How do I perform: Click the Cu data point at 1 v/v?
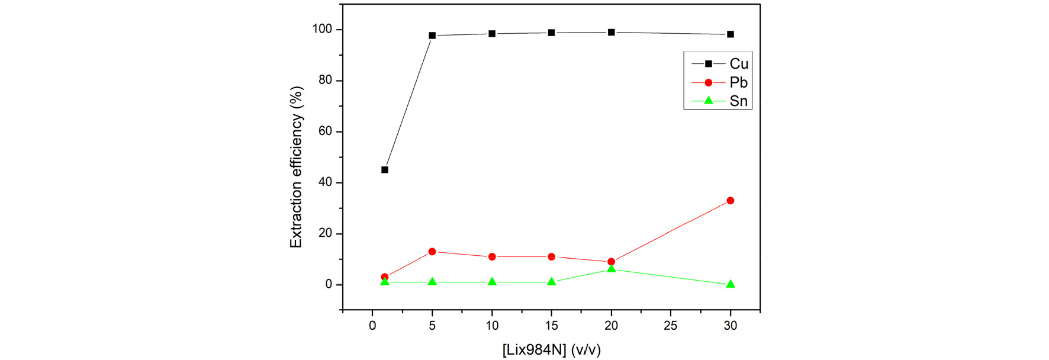pyautogui.click(x=385, y=170)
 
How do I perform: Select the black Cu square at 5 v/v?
pyautogui.click(x=432, y=36)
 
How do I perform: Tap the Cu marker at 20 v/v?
pyautogui.click(x=611, y=33)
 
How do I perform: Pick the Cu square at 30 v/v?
pyautogui.click(x=731, y=34)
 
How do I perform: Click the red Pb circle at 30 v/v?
pyautogui.click(x=731, y=201)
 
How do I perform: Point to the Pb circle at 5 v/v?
pyautogui.click(x=432, y=252)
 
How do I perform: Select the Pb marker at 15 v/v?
pyautogui.click(x=552, y=257)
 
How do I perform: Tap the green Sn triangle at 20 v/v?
pyautogui.click(x=611, y=269)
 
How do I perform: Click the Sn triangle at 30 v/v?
pyautogui.click(x=731, y=284)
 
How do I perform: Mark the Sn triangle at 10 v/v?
pyautogui.click(x=492, y=282)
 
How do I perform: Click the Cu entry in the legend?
pyautogui.click(x=739, y=64)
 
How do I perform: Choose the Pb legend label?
pyautogui.click(x=738, y=83)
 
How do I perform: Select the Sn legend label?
pyautogui.click(x=738, y=101)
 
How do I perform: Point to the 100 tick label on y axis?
pyautogui.click(x=322, y=29)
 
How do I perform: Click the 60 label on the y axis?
pyautogui.click(x=325, y=131)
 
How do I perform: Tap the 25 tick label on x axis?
pyautogui.click(x=671, y=326)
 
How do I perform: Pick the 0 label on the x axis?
pyautogui.click(x=372, y=326)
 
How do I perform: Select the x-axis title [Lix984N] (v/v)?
pyautogui.click(x=551, y=351)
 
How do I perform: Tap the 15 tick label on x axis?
pyautogui.click(x=552, y=326)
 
